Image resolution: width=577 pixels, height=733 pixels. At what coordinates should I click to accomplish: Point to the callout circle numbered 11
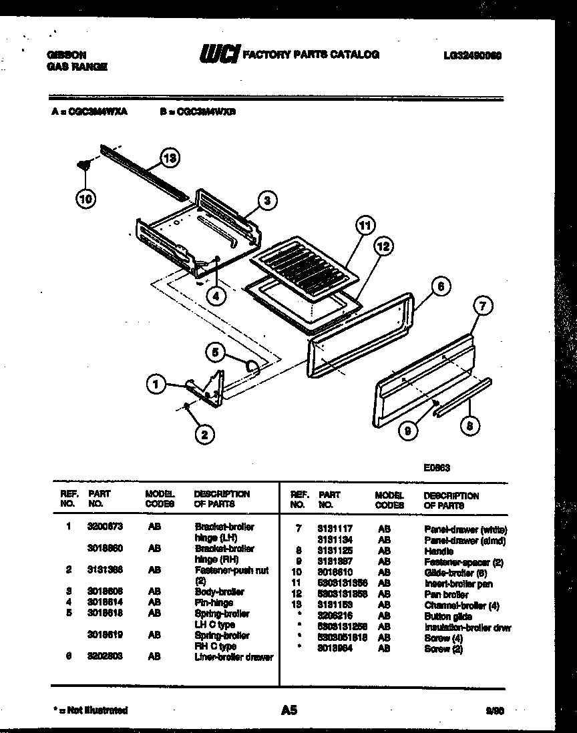click(x=364, y=225)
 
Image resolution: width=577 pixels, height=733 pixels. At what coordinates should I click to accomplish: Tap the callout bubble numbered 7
click(x=482, y=306)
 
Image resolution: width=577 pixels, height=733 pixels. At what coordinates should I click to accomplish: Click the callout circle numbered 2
click(x=204, y=434)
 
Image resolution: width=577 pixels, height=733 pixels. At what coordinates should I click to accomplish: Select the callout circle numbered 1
click(x=156, y=383)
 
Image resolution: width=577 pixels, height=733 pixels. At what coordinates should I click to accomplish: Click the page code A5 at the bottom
click(x=288, y=710)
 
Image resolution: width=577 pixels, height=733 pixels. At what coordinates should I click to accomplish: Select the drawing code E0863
click(x=436, y=468)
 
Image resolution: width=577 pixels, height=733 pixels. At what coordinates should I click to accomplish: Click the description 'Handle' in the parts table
click(x=439, y=551)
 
